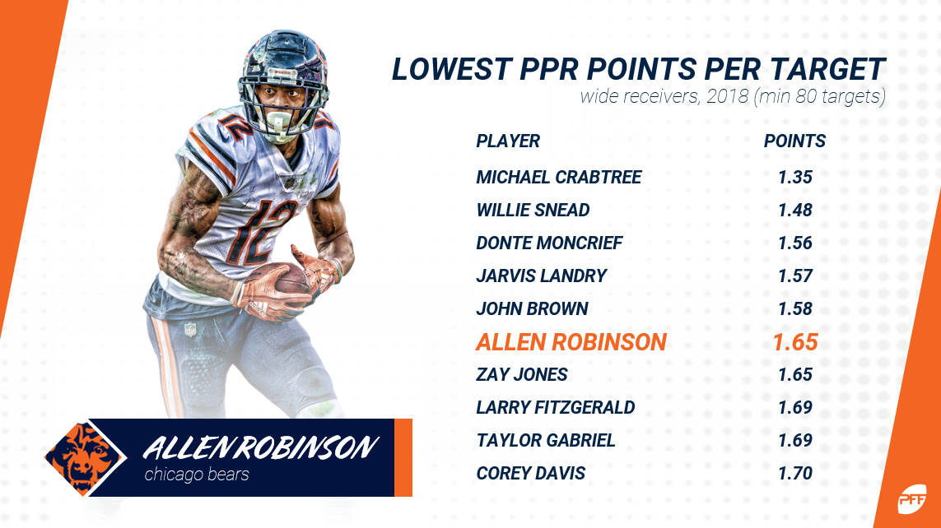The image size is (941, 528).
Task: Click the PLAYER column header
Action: coord(508,141)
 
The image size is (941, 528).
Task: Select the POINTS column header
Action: coord(794,141)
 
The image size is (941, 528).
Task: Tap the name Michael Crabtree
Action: coord(559,177)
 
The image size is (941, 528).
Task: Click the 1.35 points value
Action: coord(795,177)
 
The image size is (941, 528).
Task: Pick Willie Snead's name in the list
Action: coord(533,210)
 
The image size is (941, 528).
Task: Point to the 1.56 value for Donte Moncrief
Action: coord(795,243)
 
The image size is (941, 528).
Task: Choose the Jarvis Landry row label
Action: coord(542,276)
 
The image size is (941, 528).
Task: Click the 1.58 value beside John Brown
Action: coord(795,308)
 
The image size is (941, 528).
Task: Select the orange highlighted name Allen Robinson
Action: coord(571,341)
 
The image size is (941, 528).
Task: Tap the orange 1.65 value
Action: coord(795,341)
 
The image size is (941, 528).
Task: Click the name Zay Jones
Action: coord(521,374)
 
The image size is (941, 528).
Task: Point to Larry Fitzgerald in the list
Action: coord(555,408)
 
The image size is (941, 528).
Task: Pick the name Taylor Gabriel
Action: coord(546,441)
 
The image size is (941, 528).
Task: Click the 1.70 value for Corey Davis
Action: coord(795,474)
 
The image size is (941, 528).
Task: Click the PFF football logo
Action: coord(911,498)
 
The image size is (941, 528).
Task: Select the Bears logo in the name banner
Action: coord(86,458)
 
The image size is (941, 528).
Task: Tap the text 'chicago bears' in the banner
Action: coord(196,475)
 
